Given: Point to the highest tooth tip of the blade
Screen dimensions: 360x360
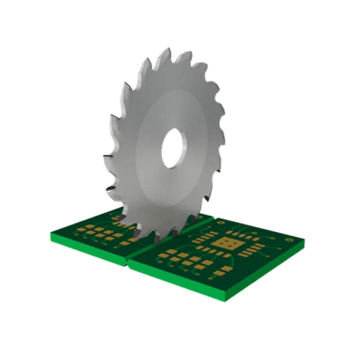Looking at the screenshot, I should (168, 48).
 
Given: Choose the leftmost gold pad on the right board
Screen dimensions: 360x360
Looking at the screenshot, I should (162, 255).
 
